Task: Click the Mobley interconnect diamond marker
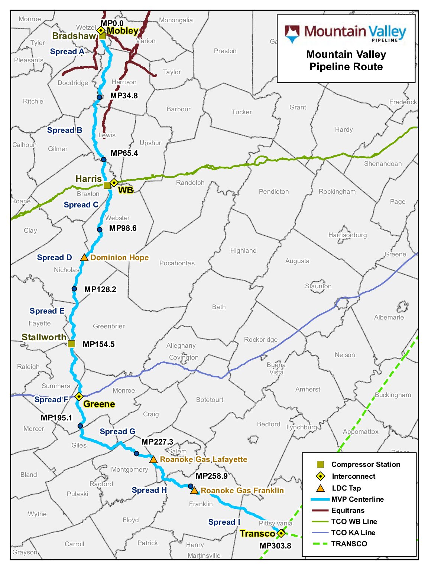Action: [100, 30]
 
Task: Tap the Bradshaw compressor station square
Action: [102, 36]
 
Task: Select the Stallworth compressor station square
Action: [72, 344]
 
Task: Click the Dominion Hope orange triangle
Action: [84, 258]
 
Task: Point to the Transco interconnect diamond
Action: [281, 533]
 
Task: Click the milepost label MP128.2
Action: [100, 289]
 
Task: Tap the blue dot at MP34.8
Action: [99, 97]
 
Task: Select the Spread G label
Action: [117, 432]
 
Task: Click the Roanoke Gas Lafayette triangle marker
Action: [153, 460]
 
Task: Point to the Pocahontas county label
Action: [177, 263]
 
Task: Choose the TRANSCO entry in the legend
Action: [349, 544]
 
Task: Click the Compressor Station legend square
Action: [320, 464]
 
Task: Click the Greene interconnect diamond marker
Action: [79, 396]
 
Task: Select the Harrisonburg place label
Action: [347, 235]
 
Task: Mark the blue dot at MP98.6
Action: [100, 230]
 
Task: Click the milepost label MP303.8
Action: [275, 546]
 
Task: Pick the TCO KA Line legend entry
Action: [353, 533]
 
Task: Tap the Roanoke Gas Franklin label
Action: [242, 491]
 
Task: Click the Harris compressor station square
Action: [107, 185]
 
